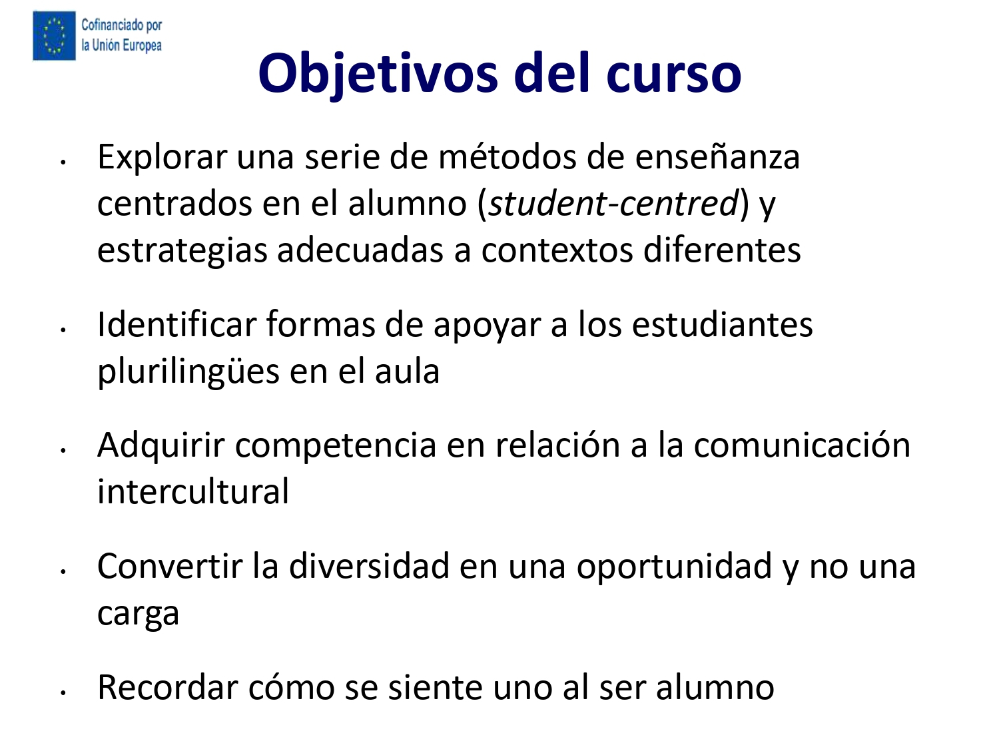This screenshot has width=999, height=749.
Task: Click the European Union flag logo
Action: tap(54, 35)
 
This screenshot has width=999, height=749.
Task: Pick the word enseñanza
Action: tap(717, 157)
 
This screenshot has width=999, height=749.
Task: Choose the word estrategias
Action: tap(182, 252)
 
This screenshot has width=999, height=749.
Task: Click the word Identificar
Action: tap(177, 324)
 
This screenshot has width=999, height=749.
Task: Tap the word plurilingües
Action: tap(188, 373)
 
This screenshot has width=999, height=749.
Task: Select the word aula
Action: tap(408, 372)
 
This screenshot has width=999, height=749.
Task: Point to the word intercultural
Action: tap(193, 491)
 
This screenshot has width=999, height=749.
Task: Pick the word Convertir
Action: tap(170, 567)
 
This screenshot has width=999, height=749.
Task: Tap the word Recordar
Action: tap(168, 687)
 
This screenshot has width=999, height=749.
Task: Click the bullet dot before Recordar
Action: tap(63, 693)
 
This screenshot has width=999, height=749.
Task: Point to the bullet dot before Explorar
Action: tap(63, 162)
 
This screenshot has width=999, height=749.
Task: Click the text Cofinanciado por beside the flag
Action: tap(121, 25)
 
